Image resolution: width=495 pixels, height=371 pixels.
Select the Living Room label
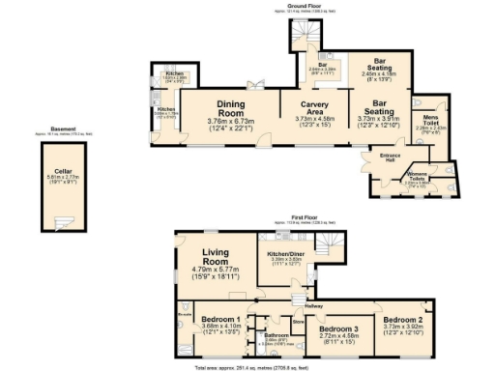(208, 256)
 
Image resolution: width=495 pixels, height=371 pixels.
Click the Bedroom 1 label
(220, 318)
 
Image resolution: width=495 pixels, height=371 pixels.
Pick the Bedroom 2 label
(402, 320)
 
